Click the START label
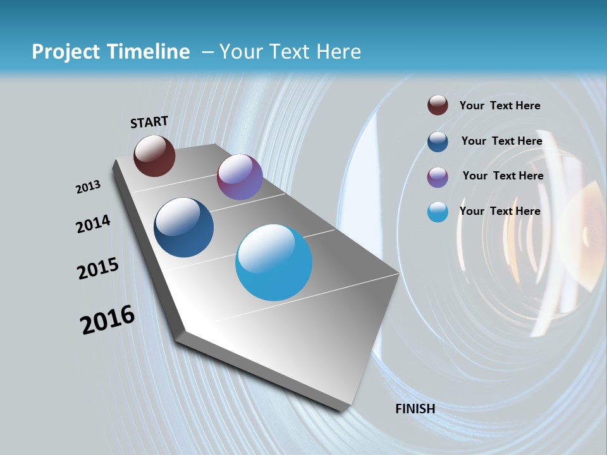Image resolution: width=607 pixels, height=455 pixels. point(149,122)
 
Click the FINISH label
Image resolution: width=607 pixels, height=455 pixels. point(415,409)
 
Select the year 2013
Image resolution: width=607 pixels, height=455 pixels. point(88,187)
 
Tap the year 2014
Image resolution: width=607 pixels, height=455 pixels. point(93,224)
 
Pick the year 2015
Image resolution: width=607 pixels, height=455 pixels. point(98,269)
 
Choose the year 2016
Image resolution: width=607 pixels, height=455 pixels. point(107,320)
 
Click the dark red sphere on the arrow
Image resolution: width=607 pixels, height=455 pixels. point(154,155)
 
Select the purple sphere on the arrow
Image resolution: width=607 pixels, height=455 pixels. point(240,177)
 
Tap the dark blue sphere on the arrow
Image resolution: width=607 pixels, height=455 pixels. point(184,227)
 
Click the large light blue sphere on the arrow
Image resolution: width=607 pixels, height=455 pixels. point(274,262)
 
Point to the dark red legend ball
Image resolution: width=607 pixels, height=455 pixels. point(438,105)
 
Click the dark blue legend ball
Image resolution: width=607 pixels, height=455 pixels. point(438,142)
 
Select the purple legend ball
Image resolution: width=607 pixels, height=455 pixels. point(438,177)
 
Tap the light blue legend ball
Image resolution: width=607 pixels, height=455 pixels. point(438,212)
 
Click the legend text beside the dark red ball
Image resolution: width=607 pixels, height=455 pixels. point(500,106)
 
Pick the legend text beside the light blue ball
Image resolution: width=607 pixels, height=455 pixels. point(500,211)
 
